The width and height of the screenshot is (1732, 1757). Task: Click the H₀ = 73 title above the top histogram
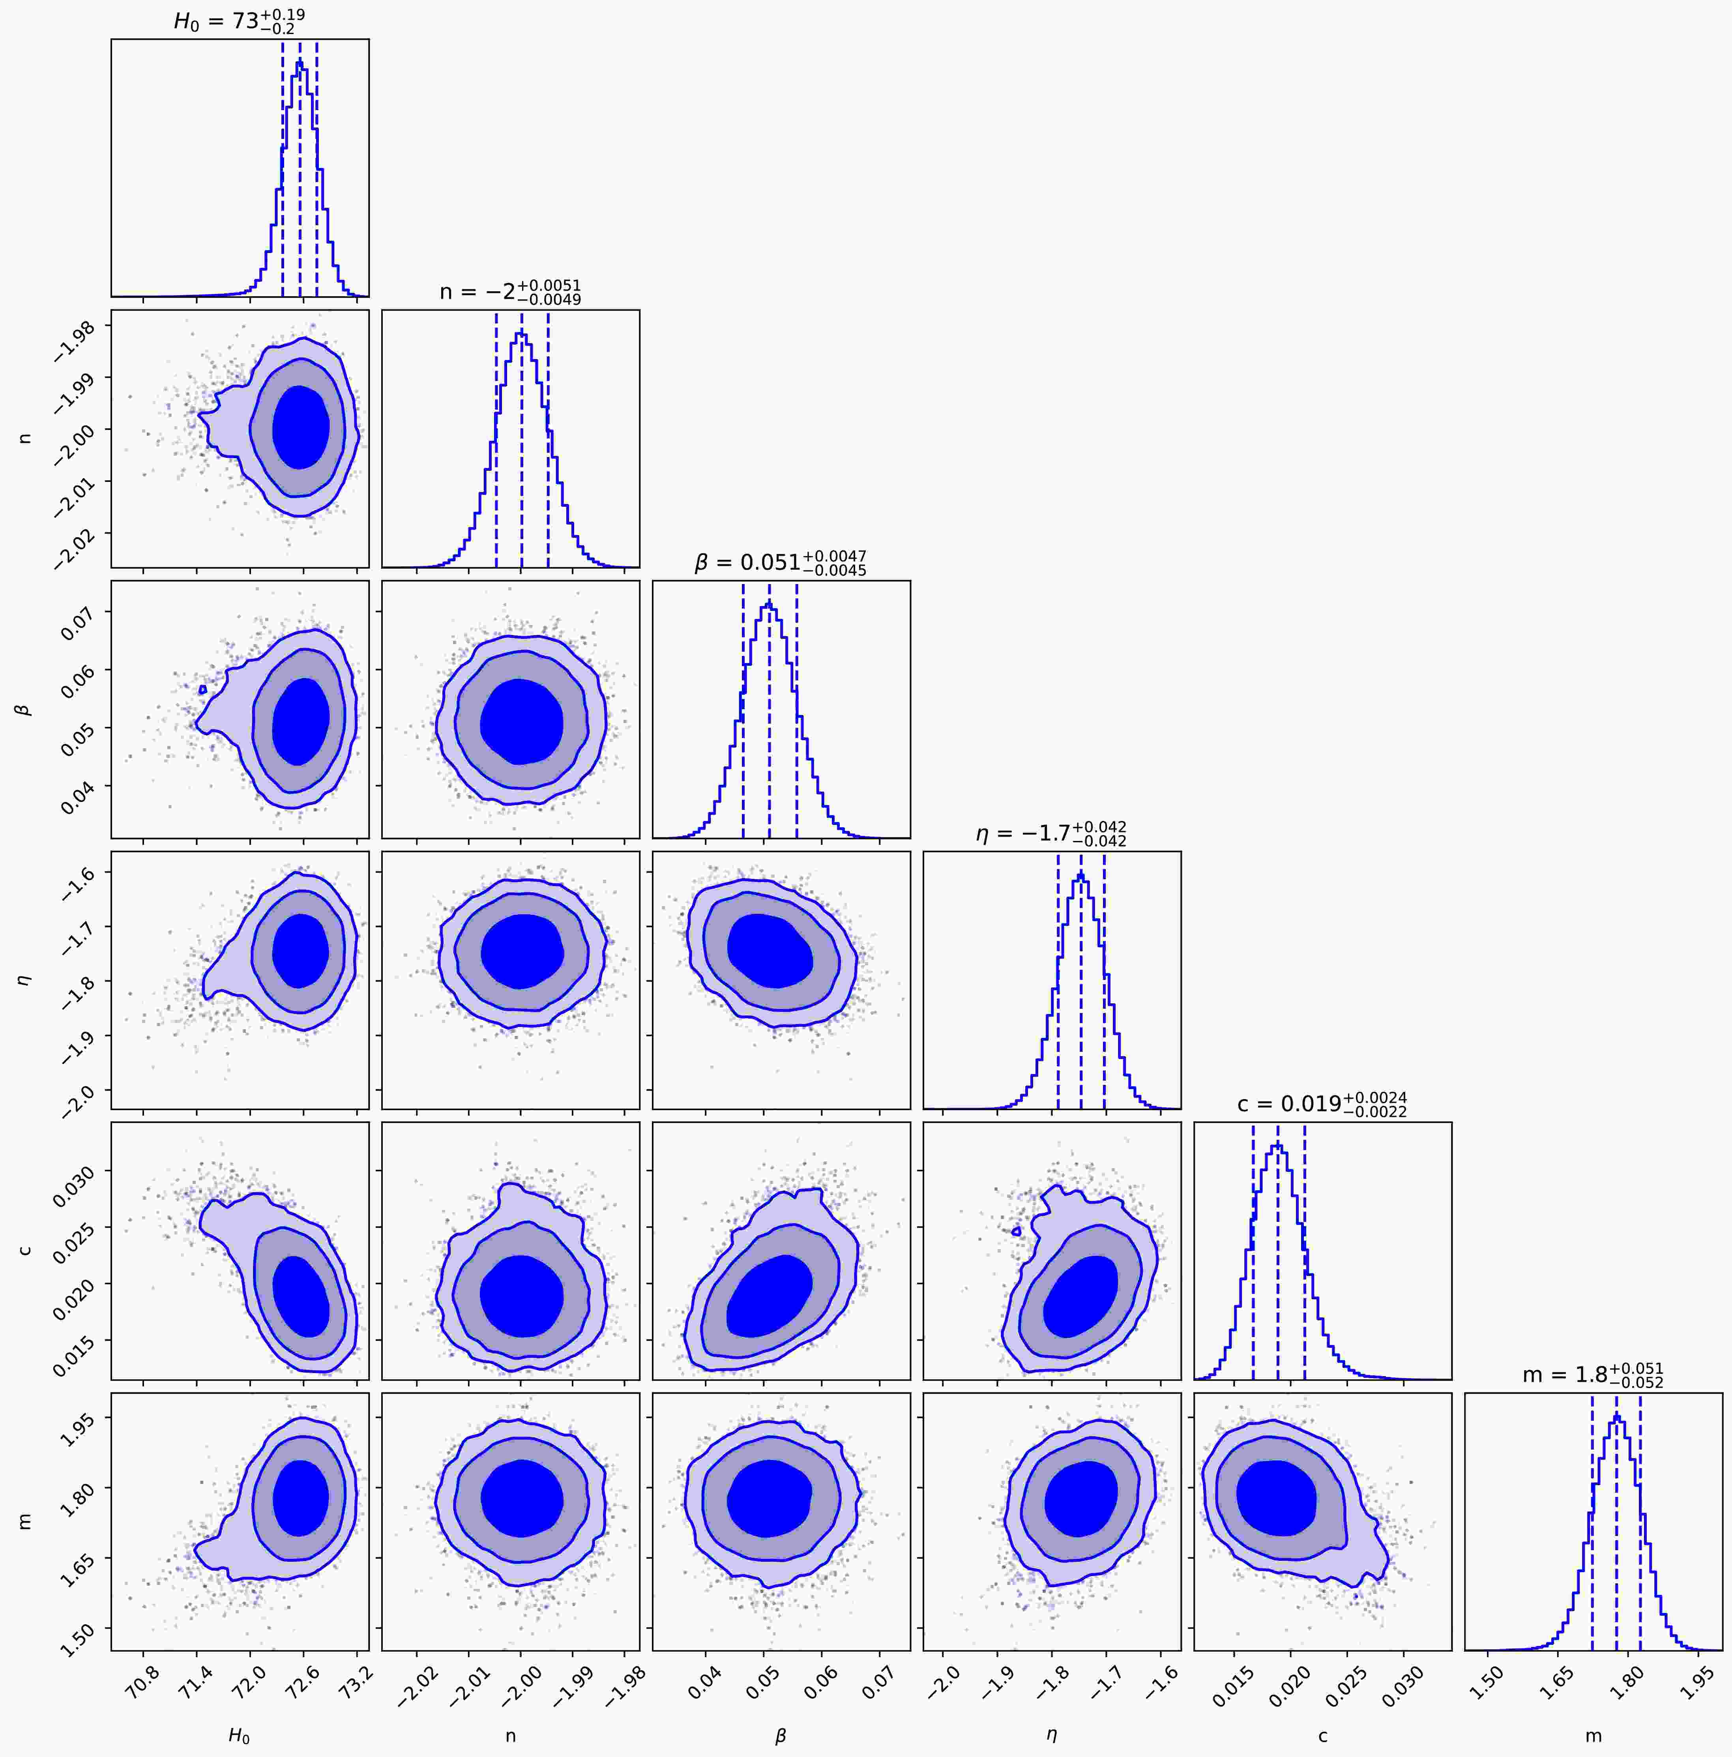pyautogui.click(x=239, y=20)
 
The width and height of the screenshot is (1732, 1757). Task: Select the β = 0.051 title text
pyautogui.click(x=780, y=562)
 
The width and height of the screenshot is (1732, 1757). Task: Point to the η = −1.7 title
pyautogui.click(x=1051, y=833)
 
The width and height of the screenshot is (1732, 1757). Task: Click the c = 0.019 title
pyautogui.click(x=1322, y=1104)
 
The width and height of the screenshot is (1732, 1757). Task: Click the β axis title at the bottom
pyautogui.click(x=780, y=1735)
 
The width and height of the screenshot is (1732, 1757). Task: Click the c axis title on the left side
pyautogui.click(x=26, y=1250)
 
